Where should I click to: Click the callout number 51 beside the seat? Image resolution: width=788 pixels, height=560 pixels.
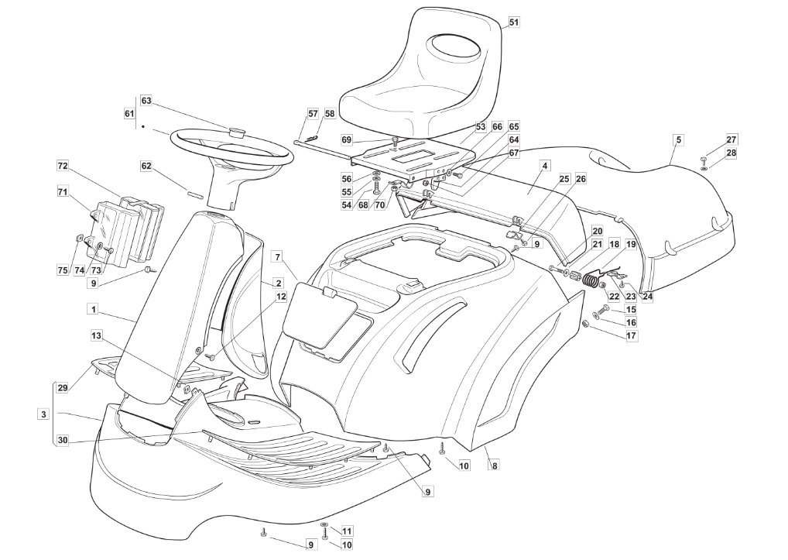click(514, 22)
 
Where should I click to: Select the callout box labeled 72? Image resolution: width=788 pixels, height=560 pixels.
click(63, 166)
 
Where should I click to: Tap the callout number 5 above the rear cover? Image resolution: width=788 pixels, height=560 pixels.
click(678, 139)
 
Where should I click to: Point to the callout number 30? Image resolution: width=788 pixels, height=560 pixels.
click(63, 440)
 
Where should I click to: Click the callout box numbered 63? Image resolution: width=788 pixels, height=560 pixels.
click(146, 101)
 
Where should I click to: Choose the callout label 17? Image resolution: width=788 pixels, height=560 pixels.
click(631, 336)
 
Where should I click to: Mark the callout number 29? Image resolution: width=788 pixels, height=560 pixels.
click(63, 387)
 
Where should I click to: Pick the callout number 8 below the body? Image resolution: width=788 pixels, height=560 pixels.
click(495, 466)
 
